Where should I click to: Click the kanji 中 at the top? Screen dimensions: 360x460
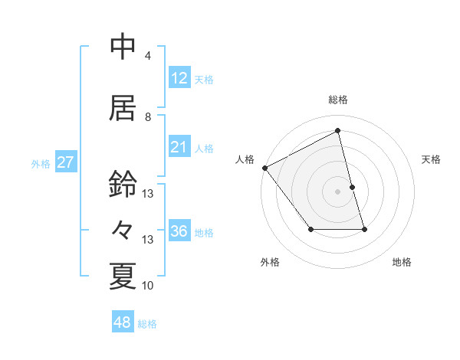pos(123,47)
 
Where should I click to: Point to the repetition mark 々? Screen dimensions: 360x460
pos(123,230)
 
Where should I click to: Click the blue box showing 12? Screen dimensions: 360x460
pos(179,79)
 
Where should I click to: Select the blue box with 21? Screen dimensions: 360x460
pos(179,147)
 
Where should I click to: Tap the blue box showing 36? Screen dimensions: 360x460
pos(179,232)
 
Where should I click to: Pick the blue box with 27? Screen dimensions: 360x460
pos(66,162)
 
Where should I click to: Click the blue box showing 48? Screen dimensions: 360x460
pos(123,323)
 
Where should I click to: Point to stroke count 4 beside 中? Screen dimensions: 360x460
pos(148,56)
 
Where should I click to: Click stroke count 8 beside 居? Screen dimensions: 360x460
pos(148,117)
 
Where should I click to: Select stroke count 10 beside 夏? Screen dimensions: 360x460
pos(148,286)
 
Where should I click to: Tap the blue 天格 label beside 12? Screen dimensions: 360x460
pos(204,80)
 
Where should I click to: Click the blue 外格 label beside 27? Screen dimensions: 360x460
pos(41,163)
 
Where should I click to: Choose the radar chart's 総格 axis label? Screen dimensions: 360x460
pos(337,100)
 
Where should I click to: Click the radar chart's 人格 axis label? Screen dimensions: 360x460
pos(245,159)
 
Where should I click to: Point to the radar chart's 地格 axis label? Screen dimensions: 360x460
pos(402,262)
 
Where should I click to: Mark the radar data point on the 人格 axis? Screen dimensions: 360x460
pos(264,168)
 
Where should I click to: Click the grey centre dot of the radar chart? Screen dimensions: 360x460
pos(337,191)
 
